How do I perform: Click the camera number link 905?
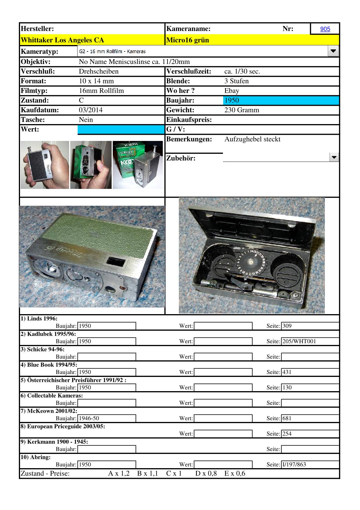tap(325, 29)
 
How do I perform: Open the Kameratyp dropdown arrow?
tap(333, 51)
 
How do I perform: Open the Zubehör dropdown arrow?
tap(334, 158)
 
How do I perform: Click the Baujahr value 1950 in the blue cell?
tap(232, 101)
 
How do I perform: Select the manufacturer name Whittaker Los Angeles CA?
tap(62, 40)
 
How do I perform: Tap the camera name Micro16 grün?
tap(188, 40)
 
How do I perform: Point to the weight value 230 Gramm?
tap(242, 110)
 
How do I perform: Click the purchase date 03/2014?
tap(91, 110)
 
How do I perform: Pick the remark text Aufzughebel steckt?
tap(252, 139)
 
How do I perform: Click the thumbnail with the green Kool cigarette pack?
tap(138, 165)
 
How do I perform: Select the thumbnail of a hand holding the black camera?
tap(45, 165)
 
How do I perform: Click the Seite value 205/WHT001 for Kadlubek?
tap(299, 341)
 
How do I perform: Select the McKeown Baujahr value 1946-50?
tap(89, 418)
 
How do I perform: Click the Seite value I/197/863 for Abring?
tap(294, 465)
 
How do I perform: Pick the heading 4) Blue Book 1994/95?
tap(49, 365)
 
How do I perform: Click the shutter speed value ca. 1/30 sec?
tap(242, 71)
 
